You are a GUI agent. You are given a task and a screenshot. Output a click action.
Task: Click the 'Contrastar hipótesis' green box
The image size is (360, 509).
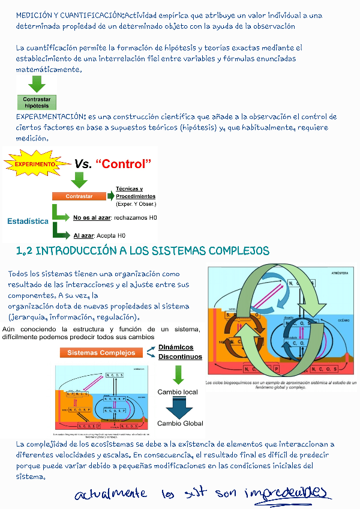pyautogui.click(x=37, y=101)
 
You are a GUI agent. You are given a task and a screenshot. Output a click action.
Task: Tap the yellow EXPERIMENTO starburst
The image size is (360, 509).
pyautogui.click(x=35, y=163)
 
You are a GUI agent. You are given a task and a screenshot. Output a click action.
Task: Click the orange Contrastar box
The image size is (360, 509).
pyautogui.click(x=79, y=196)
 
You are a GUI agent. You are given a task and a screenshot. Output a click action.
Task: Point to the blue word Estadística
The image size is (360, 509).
pyautogui.click(x=28, y=221)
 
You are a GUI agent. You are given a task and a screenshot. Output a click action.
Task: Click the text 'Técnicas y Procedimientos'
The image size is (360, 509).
pyautogui.click(x=135, y=193)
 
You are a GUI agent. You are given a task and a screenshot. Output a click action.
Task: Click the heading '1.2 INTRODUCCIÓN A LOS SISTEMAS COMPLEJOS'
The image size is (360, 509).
pyautogui.click(x=143, y=250)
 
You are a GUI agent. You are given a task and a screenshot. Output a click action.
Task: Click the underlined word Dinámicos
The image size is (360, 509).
pyautogui.click(x=176, y=348)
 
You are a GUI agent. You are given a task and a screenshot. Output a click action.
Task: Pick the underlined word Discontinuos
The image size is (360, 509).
pyautogui.click(x=180, y=357)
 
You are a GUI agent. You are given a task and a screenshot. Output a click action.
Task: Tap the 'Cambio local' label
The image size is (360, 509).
pyautogui.click(x=178, y=392)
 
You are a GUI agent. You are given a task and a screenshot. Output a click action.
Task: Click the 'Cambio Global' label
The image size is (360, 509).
pyautogui.click(x=180, y=423)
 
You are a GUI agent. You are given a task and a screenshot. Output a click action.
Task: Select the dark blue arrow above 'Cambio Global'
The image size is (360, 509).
pyautogui.click(x=179, y=408)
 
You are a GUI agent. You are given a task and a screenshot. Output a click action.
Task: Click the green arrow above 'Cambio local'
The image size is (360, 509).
pyautogui.click(x=178, y=375)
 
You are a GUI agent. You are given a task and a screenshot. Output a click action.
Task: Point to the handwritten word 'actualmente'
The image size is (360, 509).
pyautogui.click(x=110, y=494)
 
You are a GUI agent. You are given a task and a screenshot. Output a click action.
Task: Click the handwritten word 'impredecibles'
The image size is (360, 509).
pyautogui.click(x=287, y=493)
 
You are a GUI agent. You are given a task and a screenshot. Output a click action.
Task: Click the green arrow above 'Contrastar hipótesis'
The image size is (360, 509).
pyautogui.click(x=37, y=83)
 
